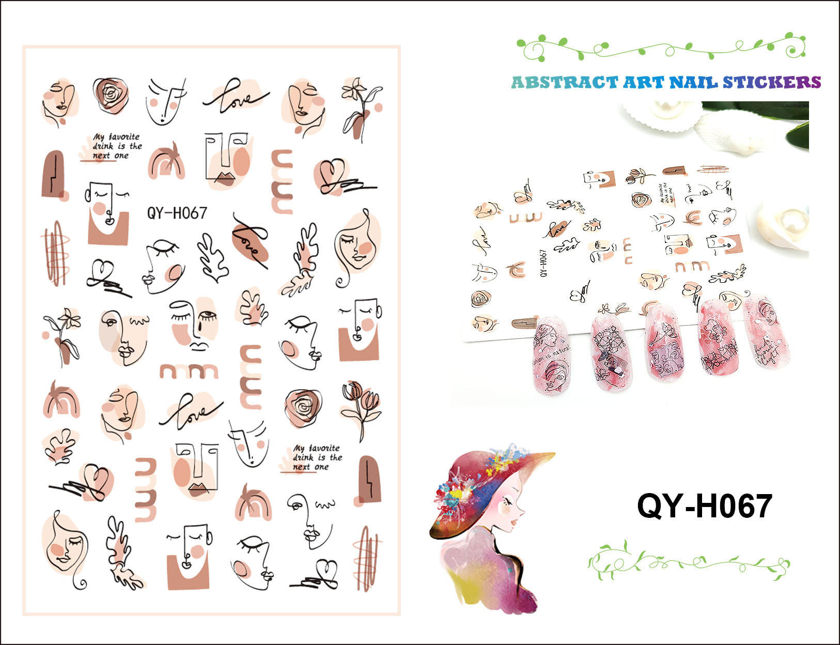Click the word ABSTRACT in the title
point(564,83)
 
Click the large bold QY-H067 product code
point(704,506)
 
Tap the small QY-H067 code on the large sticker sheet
point(177,212)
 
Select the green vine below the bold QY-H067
point(688,561)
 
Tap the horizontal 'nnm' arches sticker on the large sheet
point(189,371)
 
